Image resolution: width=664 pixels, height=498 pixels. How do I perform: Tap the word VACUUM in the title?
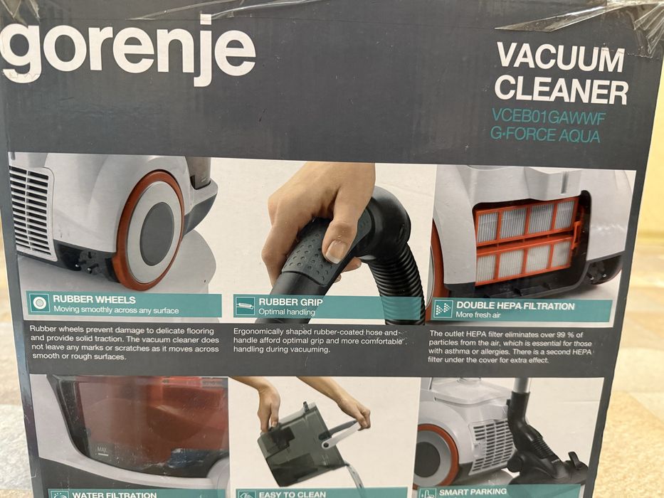561,56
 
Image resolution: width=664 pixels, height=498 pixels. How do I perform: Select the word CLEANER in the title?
561,90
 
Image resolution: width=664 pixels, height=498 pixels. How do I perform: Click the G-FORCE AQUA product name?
545,134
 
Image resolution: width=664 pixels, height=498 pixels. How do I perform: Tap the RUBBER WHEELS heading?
94,300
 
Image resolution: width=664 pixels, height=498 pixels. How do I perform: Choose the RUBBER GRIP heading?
292,302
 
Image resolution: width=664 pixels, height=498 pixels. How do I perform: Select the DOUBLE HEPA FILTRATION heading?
515,306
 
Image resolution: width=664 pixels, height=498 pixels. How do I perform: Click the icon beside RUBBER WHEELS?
40,304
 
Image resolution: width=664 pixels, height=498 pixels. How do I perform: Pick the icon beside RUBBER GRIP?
246,307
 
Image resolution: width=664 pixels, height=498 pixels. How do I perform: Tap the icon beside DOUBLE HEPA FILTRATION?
443,309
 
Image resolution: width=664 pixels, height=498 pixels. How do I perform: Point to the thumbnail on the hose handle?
337,249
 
